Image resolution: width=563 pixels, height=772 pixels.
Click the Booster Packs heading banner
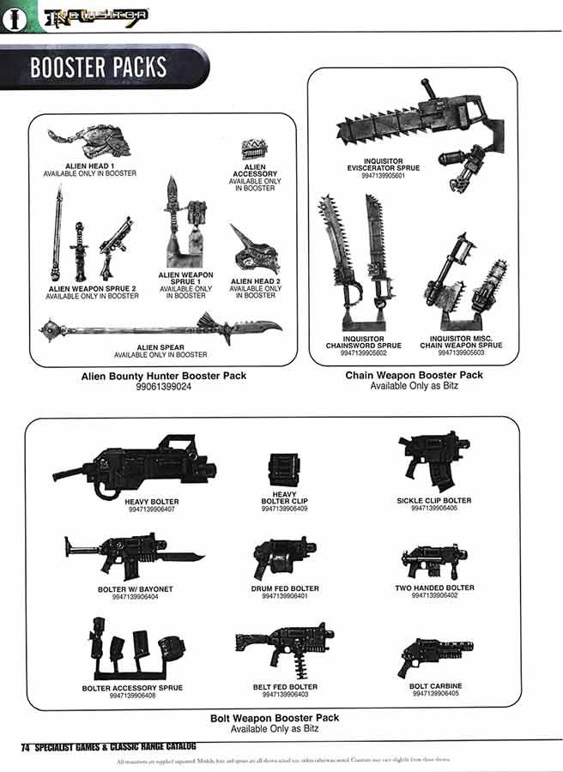coord(99,68)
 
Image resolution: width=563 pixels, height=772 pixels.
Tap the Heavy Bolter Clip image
coord(283,471)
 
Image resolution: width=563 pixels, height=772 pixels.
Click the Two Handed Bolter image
coord(434,562)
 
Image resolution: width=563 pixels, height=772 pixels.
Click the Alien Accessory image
coord(254,149)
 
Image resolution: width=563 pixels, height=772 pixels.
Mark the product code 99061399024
coord(163,387)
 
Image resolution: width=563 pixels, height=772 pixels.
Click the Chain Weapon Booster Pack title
coord(414,375)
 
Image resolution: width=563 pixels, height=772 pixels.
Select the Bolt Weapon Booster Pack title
coord(275,717)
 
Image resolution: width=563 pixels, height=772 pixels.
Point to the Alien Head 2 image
coord(255,249)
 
